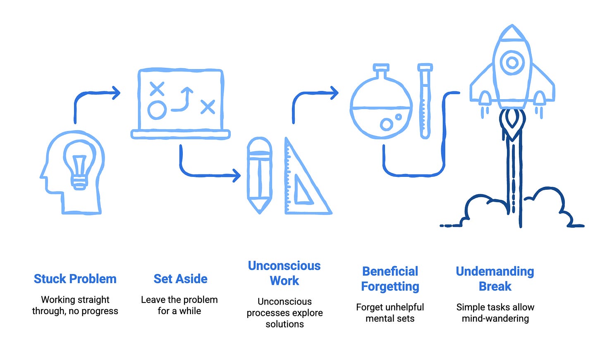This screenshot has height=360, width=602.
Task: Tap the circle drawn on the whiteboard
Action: pos(157,110)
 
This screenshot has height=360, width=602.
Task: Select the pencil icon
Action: pos(259,175)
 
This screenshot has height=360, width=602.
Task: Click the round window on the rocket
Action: pos(512,63)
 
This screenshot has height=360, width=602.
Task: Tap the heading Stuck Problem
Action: pos(75,279)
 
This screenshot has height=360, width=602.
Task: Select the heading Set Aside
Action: pos(180,279)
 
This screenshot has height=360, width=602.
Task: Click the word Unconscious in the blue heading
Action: pos(284,266)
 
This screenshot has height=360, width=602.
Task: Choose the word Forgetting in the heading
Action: pos(390,286)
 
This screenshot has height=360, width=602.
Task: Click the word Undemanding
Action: pos(495,272)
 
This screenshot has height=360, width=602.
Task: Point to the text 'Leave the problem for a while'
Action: pos(179,305)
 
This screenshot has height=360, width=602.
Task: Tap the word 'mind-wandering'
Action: pos(495,318)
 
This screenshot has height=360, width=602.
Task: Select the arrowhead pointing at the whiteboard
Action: pos(116,93)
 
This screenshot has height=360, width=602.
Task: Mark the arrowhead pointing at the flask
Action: pos(334,93)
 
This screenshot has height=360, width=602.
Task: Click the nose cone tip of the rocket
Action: pos(512,28)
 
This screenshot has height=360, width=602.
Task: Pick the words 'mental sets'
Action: pos(389,318)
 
